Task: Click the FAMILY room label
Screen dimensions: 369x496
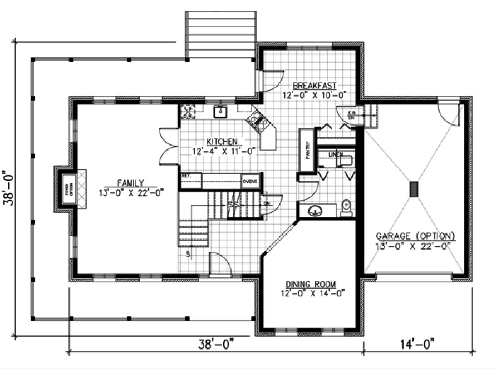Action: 131,182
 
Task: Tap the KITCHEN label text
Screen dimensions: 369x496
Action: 223,141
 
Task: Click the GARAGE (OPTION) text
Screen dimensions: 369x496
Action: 415,236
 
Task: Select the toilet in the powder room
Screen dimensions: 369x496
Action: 346,206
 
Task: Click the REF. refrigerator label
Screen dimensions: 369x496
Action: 187,176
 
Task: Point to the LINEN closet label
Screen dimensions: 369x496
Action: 336,154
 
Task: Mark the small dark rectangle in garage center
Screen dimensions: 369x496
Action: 414,189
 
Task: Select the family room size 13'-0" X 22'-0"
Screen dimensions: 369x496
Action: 131,192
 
